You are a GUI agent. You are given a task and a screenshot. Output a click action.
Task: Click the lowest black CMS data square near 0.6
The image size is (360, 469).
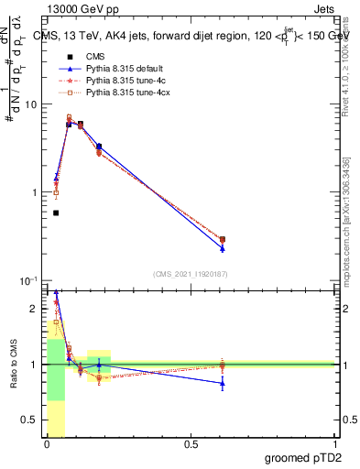(x=56, y=213)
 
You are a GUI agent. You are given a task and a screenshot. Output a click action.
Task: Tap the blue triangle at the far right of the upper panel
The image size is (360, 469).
(x=223, y=248)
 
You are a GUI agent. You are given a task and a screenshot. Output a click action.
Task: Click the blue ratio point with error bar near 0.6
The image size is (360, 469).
(x=223, y=384)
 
